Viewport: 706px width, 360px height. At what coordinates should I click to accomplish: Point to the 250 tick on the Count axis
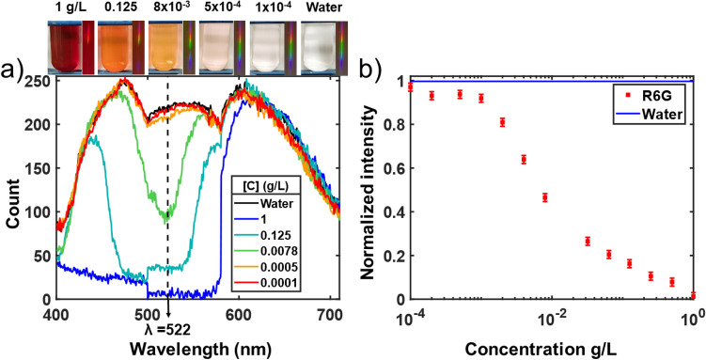(39, 83)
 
